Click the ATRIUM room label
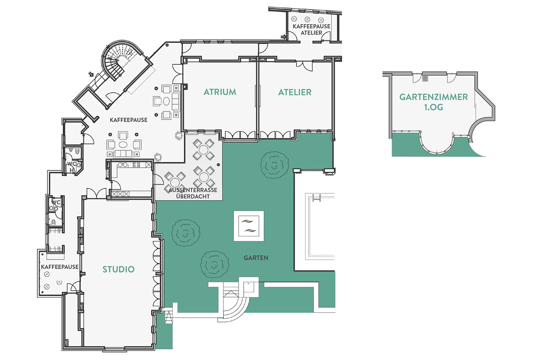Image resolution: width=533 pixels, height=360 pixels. pyautogui.click(x=220, y=92)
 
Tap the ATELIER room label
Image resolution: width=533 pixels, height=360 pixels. pyautogui.click(x=295, y=92)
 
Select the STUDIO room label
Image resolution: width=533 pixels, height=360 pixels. pyautogui.click(x=119, y=269)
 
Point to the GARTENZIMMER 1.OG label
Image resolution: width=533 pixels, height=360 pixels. pyautogui.click(x=433, y=102)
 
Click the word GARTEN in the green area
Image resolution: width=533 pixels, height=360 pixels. pyautogui.click(x=256, y=258)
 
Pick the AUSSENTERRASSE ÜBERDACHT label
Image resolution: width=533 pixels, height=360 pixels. pyautogui.click(x=193, y=193)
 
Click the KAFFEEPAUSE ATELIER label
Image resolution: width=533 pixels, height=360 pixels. pyautogui.click(x=311, y=30)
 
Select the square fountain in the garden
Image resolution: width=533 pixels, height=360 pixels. pyautogui.click(x=249, y=226)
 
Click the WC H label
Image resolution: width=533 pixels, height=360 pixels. pyautogui.click(x=72, y=167)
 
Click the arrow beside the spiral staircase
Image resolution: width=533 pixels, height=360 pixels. pyautogui.click(x=91, y=74)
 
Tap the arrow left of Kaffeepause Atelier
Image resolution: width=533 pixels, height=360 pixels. pyautogui.click(x=283, y=37)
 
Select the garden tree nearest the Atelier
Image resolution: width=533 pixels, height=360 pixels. pyautogui.click(x=275, y=165)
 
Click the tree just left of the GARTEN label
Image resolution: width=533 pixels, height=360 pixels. pyautogui.click(x=215, y=264)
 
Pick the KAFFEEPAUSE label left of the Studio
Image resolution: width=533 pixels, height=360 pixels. pyautogui.click(x=60, y=267)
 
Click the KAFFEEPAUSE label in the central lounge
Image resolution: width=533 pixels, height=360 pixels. pyautogui.click(x=129, y=120)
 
